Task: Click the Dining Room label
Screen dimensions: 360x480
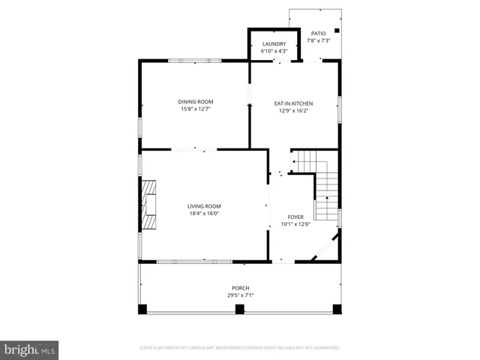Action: (x=195, y=102)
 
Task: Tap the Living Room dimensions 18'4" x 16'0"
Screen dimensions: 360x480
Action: (x=204, y=214)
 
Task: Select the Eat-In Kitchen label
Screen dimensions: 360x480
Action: (x=293, y=103)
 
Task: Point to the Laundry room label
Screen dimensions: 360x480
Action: (x=274, y=44)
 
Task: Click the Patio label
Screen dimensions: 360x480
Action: (x=319, y=34)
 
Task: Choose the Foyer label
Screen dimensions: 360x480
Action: (x=295, y=217)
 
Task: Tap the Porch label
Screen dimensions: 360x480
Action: (x=240, y=288)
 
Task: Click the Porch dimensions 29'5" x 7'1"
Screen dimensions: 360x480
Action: (x=240, y=295)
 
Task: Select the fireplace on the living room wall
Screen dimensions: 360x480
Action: (x=150, y=205)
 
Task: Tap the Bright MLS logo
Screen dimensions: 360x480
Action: (x=30, y=349)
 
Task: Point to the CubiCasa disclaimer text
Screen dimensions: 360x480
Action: (x=240, y=348)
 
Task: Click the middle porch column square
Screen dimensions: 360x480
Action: (x=240, y=308)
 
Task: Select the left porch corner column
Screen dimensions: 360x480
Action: (x=142, y=308)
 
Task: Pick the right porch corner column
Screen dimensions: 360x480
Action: (x=337, y=308)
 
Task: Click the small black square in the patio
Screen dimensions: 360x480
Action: (x=337, y=31)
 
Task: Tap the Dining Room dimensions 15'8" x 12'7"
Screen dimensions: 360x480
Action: (x=195, y=109)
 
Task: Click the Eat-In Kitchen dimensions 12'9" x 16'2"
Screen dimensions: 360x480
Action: (x=293, y=111)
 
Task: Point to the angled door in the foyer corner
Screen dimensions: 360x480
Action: (x=325, y=247)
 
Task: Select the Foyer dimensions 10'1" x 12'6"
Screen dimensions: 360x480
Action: (x=295, y=223)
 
